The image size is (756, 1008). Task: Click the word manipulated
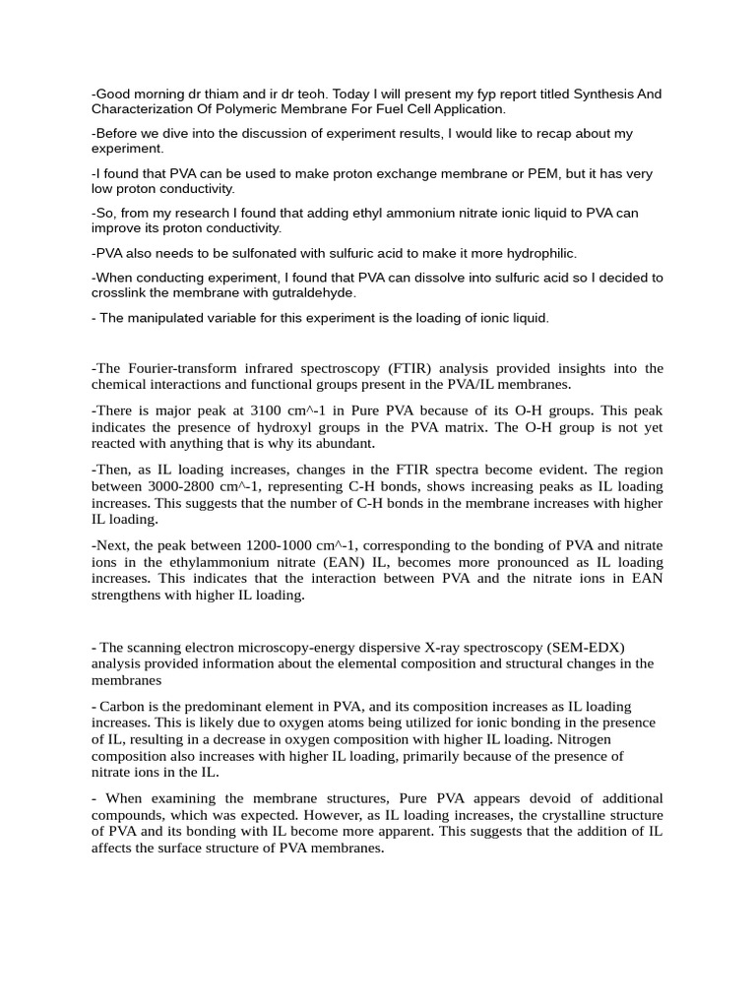(167, 318)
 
